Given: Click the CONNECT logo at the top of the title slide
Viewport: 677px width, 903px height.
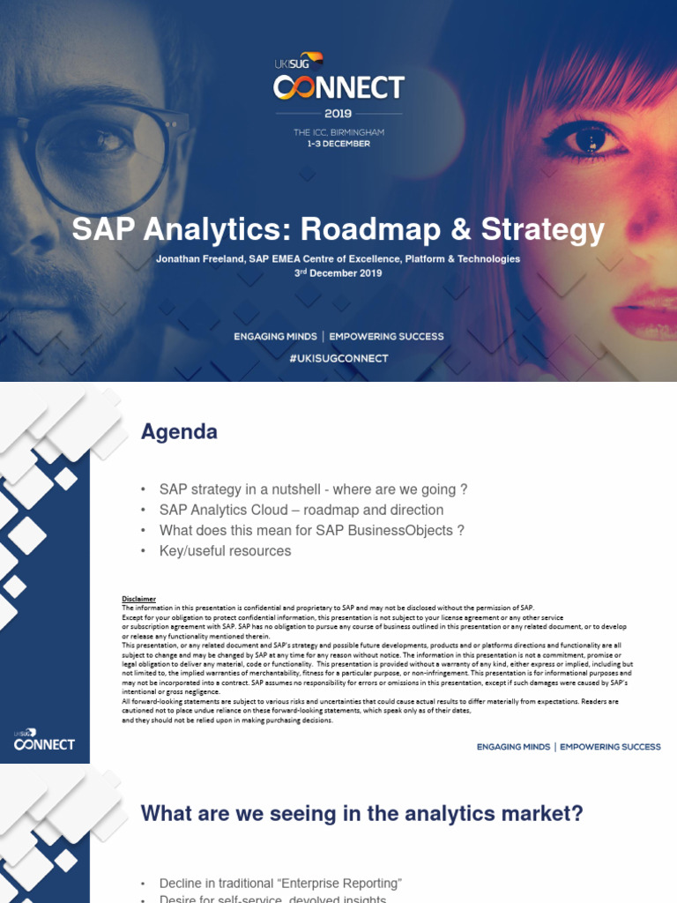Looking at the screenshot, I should (x=338, y=86).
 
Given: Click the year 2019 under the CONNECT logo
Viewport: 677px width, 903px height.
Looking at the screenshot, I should (x=338, y=113).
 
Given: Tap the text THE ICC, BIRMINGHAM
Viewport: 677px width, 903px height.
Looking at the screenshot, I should (x=338, y=132).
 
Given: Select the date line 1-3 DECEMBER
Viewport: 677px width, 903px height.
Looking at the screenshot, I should (x=338, y=143).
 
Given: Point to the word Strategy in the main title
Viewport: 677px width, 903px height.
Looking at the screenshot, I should (x=543, y=229).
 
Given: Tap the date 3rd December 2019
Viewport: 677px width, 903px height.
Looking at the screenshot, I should (x=338, y=273).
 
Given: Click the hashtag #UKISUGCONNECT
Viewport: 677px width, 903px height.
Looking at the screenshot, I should (x=338, y=358).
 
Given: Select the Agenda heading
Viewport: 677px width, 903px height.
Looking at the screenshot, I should (x=179, y=432).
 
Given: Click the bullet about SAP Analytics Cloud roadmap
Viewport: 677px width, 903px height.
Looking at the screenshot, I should (x=301, y=510).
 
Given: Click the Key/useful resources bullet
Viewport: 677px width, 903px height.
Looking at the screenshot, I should (x=225, y=550).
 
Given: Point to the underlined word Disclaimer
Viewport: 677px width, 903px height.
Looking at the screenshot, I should (x=138, y=599).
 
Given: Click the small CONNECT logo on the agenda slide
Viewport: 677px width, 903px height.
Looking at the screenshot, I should (x=45, y=743).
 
